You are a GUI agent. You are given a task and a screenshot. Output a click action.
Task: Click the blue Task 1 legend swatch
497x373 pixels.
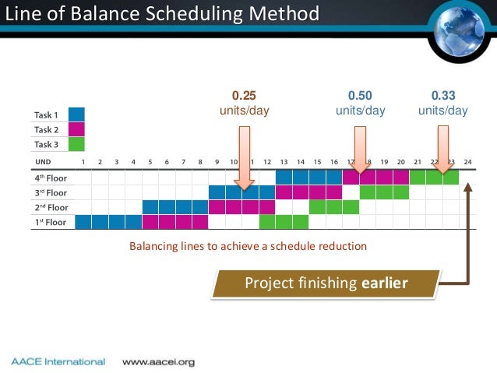[x=76, y=114]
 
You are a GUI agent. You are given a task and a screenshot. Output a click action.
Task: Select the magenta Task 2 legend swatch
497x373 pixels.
[x=76, y=129]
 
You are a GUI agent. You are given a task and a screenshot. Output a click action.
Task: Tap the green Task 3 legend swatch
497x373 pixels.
[x=76, y=144]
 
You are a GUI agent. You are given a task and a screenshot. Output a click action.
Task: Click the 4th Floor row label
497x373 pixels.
[x=49, y=177]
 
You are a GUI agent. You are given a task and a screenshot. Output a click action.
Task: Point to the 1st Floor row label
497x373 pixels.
[x=49, y=221]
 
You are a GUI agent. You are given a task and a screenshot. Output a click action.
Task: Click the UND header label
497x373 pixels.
[x=44, y=161]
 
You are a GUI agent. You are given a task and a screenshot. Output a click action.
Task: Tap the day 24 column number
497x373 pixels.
[x=467, y=161]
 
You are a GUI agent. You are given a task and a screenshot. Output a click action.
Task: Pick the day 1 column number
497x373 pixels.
[x=83, y=161]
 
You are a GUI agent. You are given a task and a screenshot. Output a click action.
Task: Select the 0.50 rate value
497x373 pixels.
[x=360, y=96]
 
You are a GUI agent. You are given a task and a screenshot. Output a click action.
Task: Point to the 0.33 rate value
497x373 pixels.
[x=443, y=96]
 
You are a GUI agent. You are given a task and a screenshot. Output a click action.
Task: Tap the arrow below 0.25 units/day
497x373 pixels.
[x=244, y=156]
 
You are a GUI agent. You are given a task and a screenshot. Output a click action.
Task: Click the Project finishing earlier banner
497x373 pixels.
[x=326, y=283]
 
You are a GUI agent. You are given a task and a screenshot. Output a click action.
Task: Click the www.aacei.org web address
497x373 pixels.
[x=158, y=361]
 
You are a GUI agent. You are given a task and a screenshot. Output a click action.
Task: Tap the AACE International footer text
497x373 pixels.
[x=58, y=361]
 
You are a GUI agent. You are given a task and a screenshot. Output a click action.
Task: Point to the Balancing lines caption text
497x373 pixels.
[x=247, y=246]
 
